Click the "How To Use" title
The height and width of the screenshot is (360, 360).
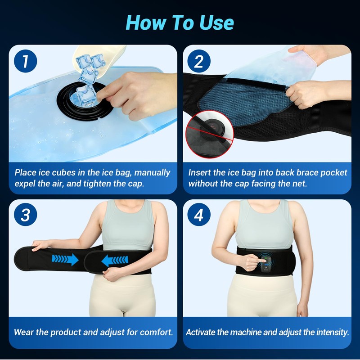click(x=180, y=22)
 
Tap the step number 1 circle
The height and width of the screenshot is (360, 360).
click(x=26, y=61)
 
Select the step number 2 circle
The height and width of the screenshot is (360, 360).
click(x=199, y=61)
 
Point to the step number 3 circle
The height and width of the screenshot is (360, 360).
click(x=26, y=215)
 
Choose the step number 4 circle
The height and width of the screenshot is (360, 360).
click(x=199, y=215)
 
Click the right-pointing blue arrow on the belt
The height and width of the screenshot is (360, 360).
click(x=65, y=260)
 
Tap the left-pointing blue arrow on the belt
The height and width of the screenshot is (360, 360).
click(x=115, y=261)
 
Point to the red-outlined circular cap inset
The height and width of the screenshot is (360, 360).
click(x=209, y=134)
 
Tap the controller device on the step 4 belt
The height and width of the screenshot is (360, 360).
click(x=266, y=264)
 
